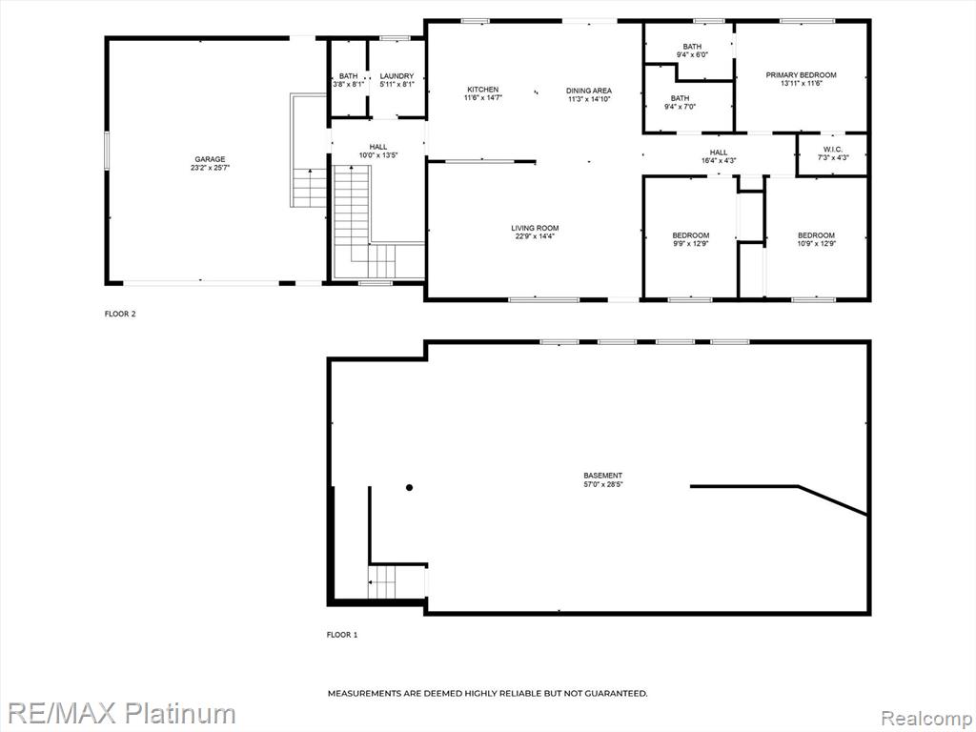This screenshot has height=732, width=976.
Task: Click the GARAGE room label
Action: [210, 159]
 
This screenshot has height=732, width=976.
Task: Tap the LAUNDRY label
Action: [396, 76]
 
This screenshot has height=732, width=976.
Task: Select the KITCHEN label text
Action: [483, 90]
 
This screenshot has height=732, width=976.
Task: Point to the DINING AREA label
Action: [589, 91]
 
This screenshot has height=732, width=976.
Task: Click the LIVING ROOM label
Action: [535, 228]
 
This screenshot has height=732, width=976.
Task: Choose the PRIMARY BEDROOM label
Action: [801, 74]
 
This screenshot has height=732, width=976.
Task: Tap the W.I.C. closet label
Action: [832, 150]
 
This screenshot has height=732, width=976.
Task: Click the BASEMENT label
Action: [602, 476]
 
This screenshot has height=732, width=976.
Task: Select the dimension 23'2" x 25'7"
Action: [211, 168]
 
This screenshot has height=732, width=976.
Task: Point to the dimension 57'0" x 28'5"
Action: [602, 483]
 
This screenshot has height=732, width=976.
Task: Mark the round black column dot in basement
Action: [409, 487]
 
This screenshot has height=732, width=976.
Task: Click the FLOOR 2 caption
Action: [120, 314]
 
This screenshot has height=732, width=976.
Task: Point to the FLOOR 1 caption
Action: [342, 635]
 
